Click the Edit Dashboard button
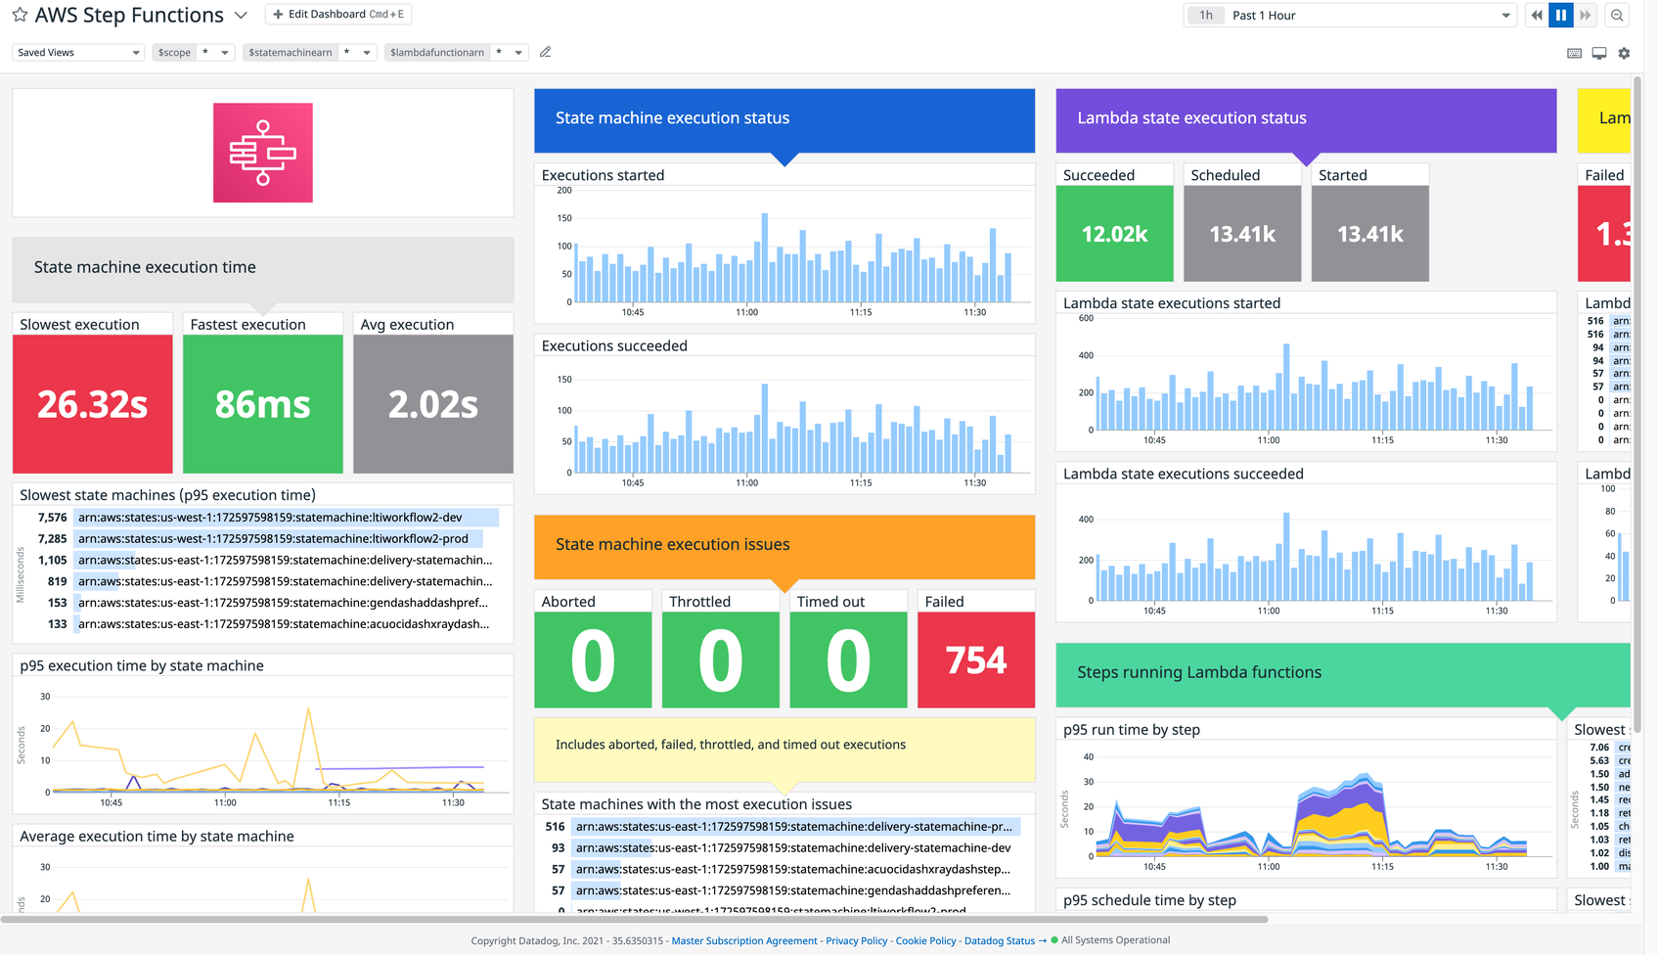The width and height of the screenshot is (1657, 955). tap(337, 15)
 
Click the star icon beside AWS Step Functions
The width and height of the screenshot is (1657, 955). tap(20, 15)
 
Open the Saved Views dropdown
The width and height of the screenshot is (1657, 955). tap(78, 53)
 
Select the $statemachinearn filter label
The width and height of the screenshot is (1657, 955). tap(290, 53)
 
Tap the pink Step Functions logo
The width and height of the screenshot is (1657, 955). tap(263, 153)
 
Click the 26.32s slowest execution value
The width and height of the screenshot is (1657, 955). tap(93, 404)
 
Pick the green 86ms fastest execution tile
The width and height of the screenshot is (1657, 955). tap(263, 404)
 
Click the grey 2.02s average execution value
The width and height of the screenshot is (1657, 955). tap(433, 404)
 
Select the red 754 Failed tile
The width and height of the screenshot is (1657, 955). tap(976, 659)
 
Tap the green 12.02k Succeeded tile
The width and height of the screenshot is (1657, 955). tap(1114, 234)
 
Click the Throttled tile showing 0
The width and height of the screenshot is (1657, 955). tap(720, 659)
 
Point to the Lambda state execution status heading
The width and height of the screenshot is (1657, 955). tap(1191, 118)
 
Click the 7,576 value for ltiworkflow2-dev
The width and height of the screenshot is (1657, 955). tap(53, 518)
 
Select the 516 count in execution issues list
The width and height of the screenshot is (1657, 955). tap(555, 827)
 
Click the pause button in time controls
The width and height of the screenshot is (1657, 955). tap(1561, 15)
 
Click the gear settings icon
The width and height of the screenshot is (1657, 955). tap(1624, 54)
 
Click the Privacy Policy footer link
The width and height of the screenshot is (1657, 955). tap(856, 941)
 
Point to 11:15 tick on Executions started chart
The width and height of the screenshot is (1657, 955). tap(861, 312)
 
